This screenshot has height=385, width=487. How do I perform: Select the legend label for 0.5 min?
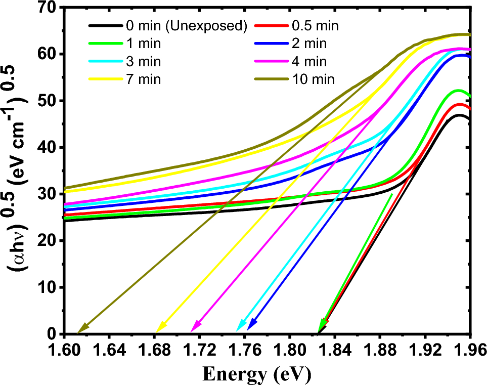tap(314, 26)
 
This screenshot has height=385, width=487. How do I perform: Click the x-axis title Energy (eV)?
tap(257, 374)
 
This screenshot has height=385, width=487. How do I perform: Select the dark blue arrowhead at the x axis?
tap(250, 325)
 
